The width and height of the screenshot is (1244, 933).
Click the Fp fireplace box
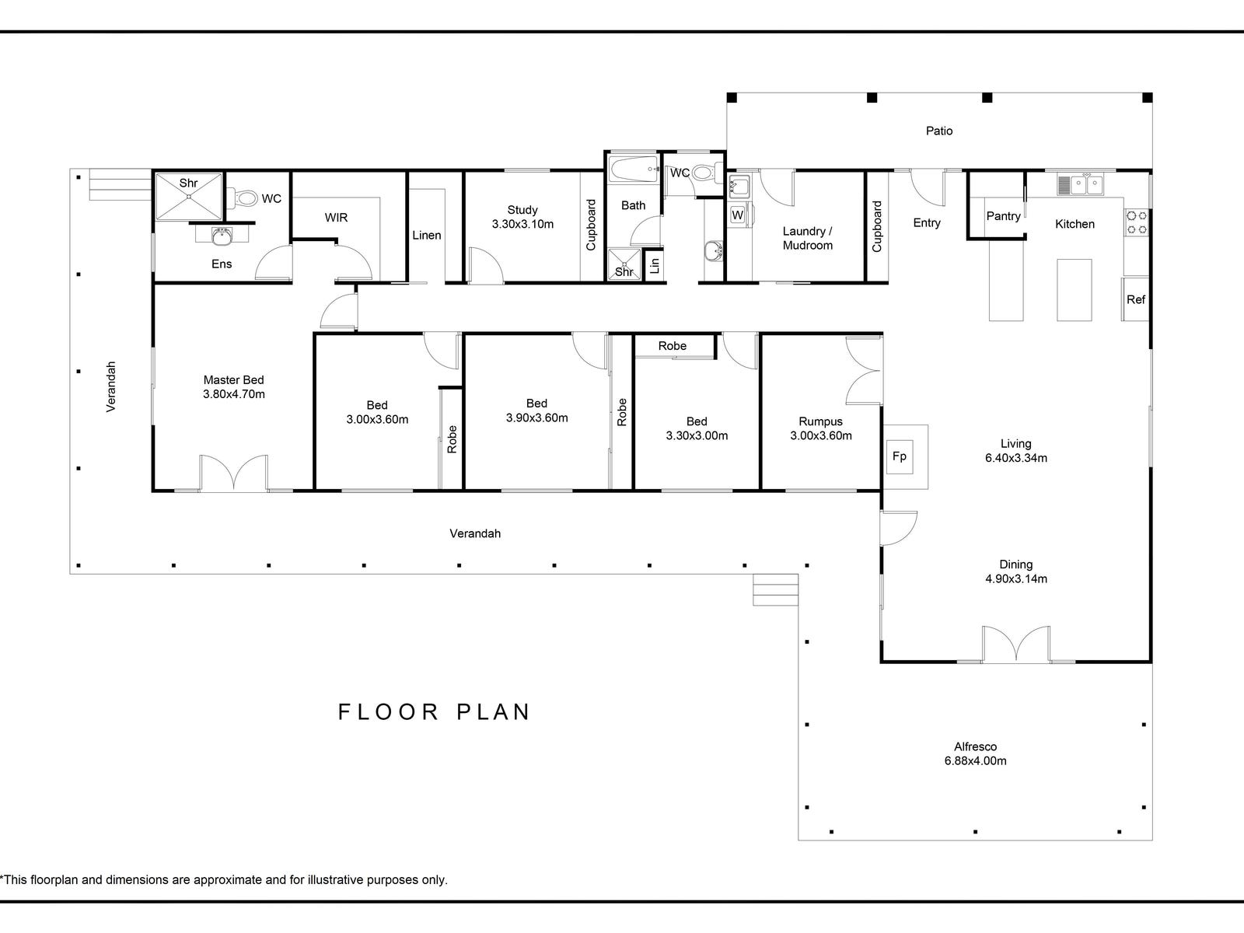pyautogui.click(x=900, y=456)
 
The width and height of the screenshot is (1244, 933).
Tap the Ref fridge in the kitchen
pyautogui.click(x=1135, y=299)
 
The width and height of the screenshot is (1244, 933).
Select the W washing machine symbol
pyautogui.click(x=737, y=215)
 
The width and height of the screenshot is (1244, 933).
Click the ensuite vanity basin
pyautogui.click(x=222, y=236)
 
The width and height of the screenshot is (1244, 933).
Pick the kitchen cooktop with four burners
pyautogui.click(x=1137, y=222)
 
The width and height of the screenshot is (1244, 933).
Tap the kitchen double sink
pyautogui.click(x=1080, y=185)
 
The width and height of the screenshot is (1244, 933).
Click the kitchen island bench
pyautogui.click(x=1074, y=290)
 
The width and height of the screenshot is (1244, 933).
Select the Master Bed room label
pyautogui.click(x=233, y=380)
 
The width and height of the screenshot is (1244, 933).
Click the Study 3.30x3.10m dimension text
pyautogui.click(x=522, y=225)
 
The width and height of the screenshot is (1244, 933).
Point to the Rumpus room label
pyautogui.click(x=820, y=421)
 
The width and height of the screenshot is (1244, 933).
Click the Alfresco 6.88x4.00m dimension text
pyautogui.click(x=975, y=761)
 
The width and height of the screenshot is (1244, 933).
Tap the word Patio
pyautogui.click(x=939, y=131)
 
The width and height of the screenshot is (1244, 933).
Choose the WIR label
pyautogui.click(x=336, y=218)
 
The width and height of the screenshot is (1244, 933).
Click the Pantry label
pyautogui.click(x=1003, y=216)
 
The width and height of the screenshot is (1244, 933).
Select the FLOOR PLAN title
pyautogui.click(x=434, y=712)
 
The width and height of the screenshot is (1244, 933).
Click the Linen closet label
pyautogui.click(x=427, y=235)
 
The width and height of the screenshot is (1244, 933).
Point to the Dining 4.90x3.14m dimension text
pyautogui.click(x=1015, y=579)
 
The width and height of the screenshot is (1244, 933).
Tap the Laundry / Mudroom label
pyautogui.click(x=808, y=238)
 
